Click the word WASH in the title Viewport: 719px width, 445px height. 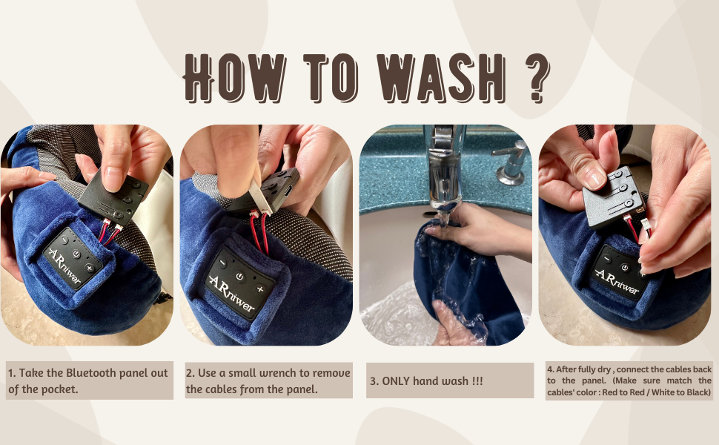coord(428,79)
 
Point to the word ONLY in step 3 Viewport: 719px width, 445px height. coord(398,381)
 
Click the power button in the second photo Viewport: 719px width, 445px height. coord(239,276)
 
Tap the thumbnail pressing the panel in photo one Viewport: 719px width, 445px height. coord(113,178)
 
